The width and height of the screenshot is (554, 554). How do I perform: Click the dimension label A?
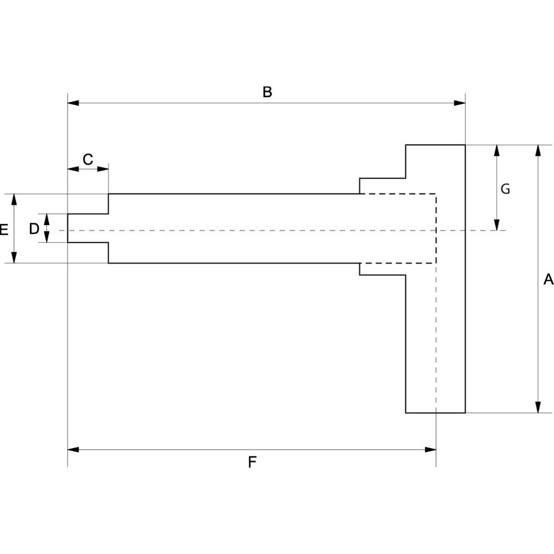[548, 280]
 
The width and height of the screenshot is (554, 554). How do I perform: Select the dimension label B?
[267, 92]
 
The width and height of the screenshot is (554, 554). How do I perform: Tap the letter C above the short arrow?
[88, 160]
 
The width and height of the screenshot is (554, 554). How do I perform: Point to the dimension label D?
[34, 228]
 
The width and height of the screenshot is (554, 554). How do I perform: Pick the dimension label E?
[3, 229]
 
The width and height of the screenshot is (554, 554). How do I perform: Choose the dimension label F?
[252, 461]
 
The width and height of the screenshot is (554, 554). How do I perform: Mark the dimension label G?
[505, 189]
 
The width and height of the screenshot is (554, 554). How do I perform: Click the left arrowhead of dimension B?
[73, 103]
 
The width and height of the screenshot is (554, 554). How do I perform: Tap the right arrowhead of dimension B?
[459, 103]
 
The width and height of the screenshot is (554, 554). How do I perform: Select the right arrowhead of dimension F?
[430, 449]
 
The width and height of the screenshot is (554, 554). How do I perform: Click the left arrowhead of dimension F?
[73, 449]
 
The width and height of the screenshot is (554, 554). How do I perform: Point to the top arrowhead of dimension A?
[537, 151]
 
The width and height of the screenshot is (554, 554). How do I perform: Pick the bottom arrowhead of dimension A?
[537, 407]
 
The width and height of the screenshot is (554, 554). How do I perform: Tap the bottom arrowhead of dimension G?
[497, 224]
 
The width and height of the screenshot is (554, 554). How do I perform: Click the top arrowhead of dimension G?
[497, 151]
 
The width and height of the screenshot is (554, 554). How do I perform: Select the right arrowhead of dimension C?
[103, 169]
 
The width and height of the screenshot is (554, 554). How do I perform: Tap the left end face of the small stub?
[68, 228]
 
